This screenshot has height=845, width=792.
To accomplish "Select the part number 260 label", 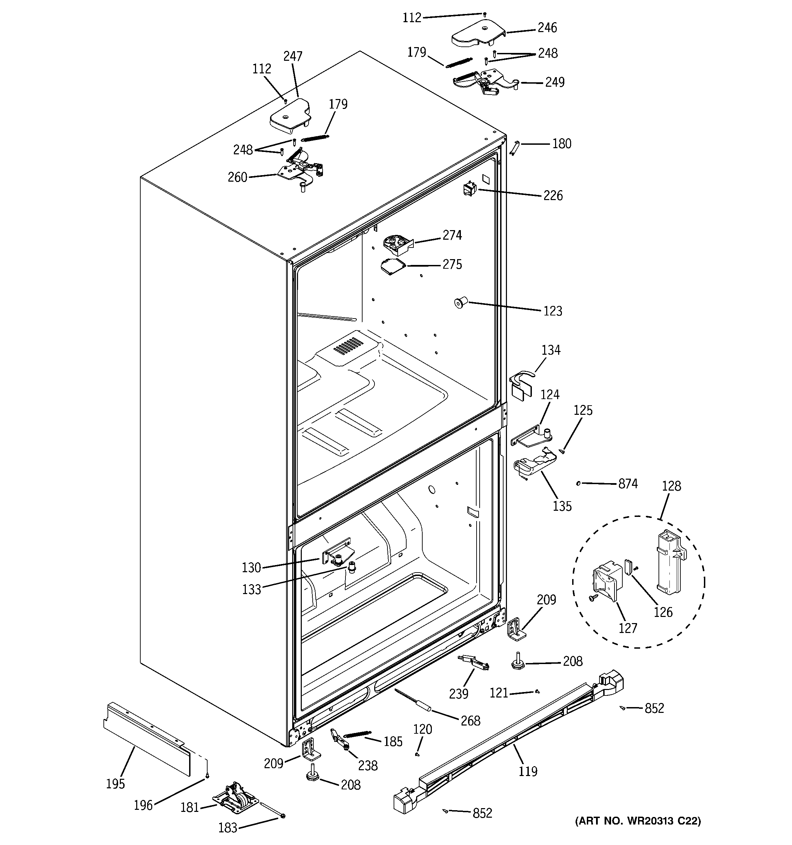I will tap(237, 177).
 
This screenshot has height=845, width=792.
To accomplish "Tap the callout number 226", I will tap(553, 196).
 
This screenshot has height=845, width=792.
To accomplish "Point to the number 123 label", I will tap(553, 311).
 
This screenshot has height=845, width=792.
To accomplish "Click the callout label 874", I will tap(627, 484).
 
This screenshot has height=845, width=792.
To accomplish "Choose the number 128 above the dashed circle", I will tap(671, 486).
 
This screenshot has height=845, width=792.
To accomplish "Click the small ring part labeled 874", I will tap(579, 483).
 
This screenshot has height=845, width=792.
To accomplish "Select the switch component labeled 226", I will tap(470, 188).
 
